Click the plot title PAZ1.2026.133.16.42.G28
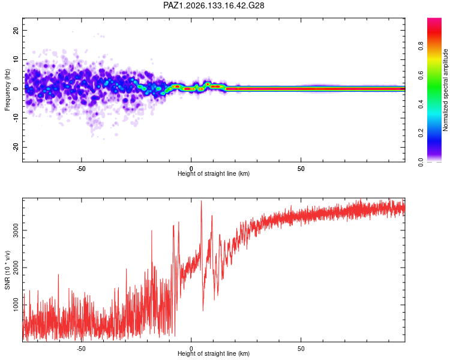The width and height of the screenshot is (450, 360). pyautogui.click(x=214, y=5)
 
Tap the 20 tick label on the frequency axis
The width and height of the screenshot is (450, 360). pyautogui.click(x=16, y=31)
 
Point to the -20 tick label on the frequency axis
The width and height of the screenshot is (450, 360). pyautogui.click(x=16, y=148)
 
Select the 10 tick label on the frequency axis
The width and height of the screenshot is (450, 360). pyautogui.click(x=16, y=59)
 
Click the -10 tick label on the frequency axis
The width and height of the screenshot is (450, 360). pyautogui.click(x=16, y=118)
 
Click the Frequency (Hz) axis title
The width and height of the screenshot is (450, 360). pyautogui.click(x=7, y=90)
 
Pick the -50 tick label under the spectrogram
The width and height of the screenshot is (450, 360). pyautogui.click(x=81, y=169)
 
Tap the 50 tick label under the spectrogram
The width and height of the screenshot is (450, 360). pyautogui.click(x=301, y=169)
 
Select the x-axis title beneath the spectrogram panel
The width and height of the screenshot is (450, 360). pyautogui.click(x=214, y=173)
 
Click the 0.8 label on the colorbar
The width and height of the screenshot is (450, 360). pyautogui.click(x=421, y=46)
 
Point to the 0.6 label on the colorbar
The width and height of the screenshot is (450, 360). pyautogui.click(x=421, y=75)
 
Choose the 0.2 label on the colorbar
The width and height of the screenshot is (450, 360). pyautogui.click(x=421, y=133)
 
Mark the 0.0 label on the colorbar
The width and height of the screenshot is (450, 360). pyautogui.click(x=421, y=162)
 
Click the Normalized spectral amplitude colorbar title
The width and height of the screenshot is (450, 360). pyautogui.click(x=445, y=90)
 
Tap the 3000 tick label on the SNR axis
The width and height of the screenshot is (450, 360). pyautogui.click(x=16, y=230)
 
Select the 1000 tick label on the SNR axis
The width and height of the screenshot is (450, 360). pyautogui.click(x=16, y=305)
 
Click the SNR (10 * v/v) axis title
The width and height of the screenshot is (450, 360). pyautogui.click(x=7, y=270)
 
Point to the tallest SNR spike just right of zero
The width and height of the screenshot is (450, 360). pyautogui.click(x=201, y=201)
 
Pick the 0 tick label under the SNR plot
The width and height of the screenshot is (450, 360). pyautogui.click(x=191, y=349)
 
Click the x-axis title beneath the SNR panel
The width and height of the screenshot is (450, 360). pyautogui.click(x=214, y=353)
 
